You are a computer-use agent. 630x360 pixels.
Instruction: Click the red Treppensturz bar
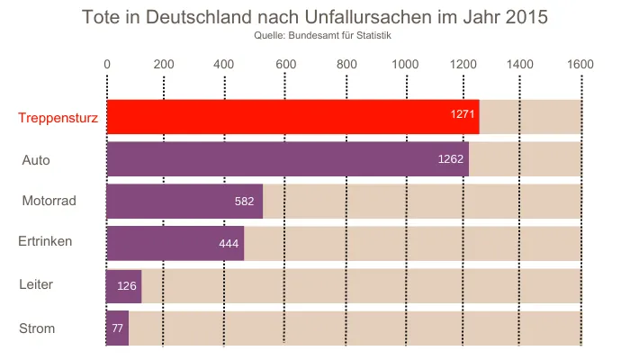pyautogui.click(x=292, y=117)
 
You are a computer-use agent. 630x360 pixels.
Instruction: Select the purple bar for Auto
pyautogui.click(x=287, y=159)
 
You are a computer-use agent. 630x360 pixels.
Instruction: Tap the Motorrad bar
pyautogui.click(x=184, y=202)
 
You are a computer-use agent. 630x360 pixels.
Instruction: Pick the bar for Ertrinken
pyautogui.click(x=175, y=243)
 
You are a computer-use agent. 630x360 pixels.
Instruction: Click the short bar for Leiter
pyautogui.click(x=124, y=285)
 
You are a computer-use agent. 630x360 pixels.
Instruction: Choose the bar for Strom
pyautogui.click(x=118, y=328)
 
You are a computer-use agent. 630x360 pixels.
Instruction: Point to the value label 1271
pyautogui.click(x=463, y=114)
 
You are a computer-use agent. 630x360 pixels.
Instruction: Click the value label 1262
pyautogui.click(x=450, y=159)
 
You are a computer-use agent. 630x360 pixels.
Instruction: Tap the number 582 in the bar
pyautogui.click(x=244, y=202)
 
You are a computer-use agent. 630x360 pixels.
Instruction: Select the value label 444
pyautogui.click(x=229, y=244)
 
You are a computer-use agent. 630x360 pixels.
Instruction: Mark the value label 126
pyautogui.click(x=127, y=286)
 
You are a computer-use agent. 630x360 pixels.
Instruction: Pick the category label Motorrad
pyautogui.click(x=49, y=201)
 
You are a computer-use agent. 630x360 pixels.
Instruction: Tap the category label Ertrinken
pyautogui.click(x=45, y=241)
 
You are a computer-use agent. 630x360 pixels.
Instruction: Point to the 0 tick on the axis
pyautogui.click(x=107, y=64)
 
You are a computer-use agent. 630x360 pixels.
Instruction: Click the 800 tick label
pyautogui.click(x=346, y=64)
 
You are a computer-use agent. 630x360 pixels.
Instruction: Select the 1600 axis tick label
pyautogui.click(x=580, y=64)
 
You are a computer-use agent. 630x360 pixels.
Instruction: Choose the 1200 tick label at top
pyautogui.click(x=463, y=64)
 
